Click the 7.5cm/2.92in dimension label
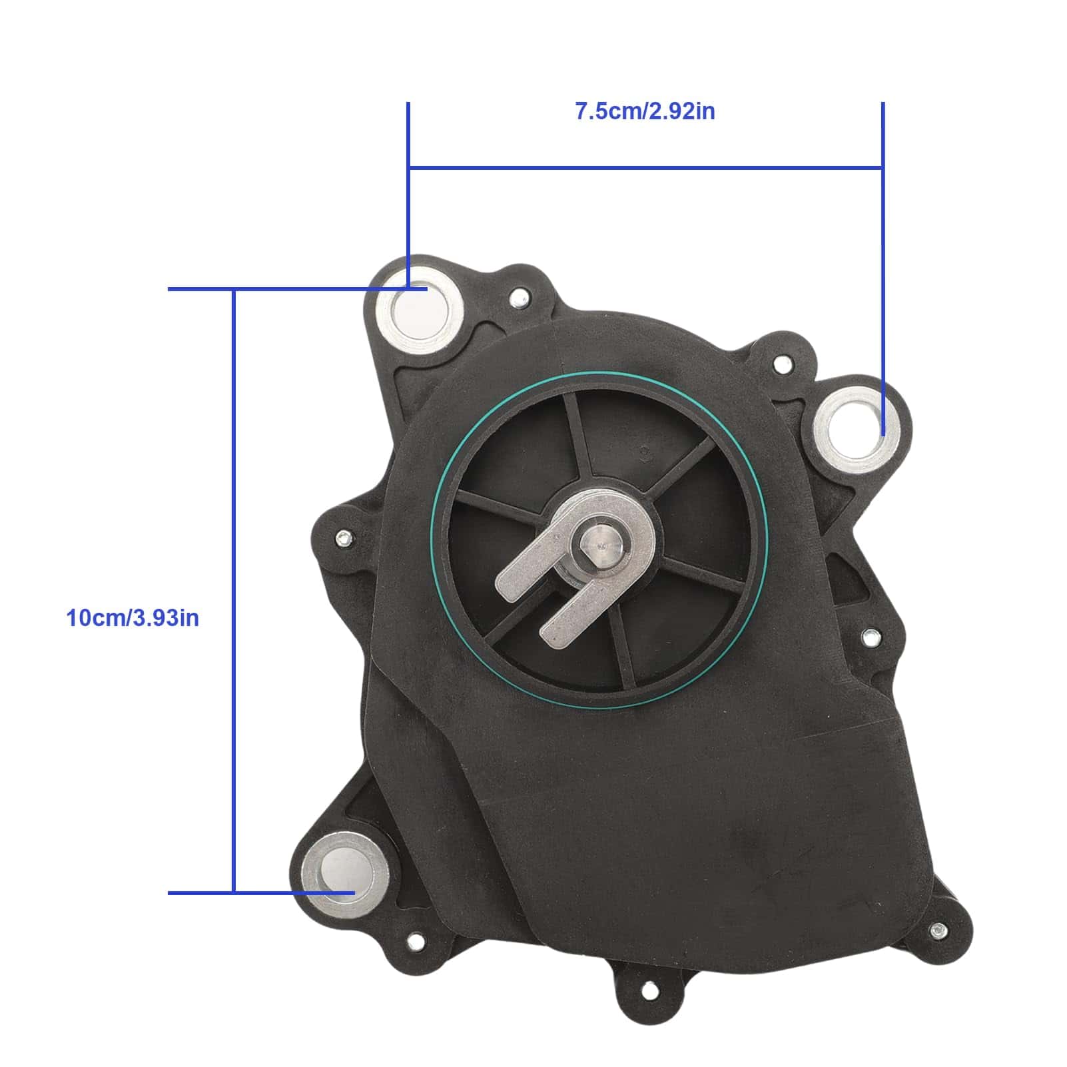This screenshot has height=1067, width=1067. tap(645, 111)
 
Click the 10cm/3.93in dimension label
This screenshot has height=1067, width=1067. tap(133, 617)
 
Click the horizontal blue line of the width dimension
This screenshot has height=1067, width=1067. tap(646, 167)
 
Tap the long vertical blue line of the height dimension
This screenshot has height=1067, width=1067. tap(234, 591)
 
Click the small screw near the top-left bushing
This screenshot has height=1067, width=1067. tap(518, 298)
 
